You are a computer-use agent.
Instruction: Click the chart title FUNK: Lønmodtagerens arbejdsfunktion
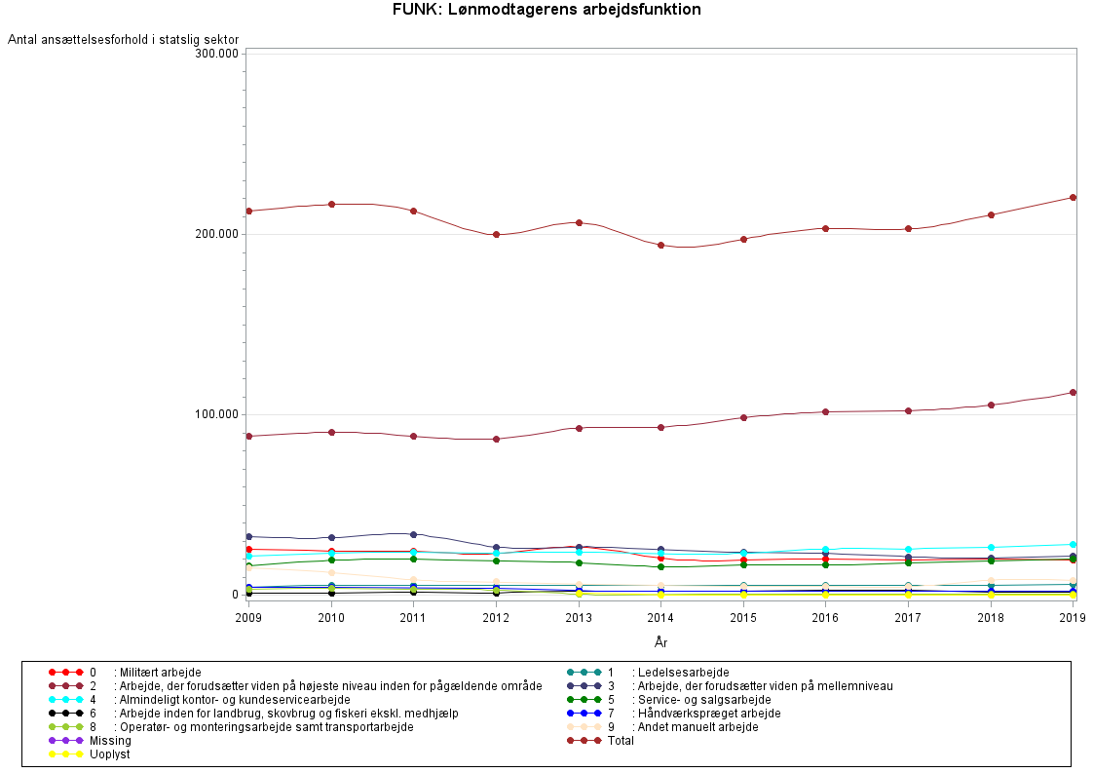pyautogui.click(x=546, y=10)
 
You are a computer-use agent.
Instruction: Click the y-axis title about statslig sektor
pyautogui.click(x=124, y=39)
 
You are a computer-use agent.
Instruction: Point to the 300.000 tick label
pyautogui.click(x=217, y=53)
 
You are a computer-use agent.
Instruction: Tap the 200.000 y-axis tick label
pyautogui.click(x=217, y=234)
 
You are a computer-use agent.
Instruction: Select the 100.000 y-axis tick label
pyautogui.click(x=217, y=414)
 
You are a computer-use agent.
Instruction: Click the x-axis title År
pyautogui.click(x=660, y=641)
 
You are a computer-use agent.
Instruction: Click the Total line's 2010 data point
pyautogui.click(x=331, y=204)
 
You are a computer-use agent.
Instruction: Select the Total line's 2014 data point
pyautogui.click(x=660, y=245)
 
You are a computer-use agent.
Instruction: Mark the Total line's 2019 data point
pyautogui.click(x=1073, y=197)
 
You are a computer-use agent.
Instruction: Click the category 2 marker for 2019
pyautogui.click(x=1073, y=392)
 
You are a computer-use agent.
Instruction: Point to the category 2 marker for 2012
pyautogui.click(x=496, y=439)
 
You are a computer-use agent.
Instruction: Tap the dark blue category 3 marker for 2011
pyautogui.click(x=414, y=534)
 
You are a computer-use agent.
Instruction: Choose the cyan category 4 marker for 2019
pyautogui.click(x=1073, y=544)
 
